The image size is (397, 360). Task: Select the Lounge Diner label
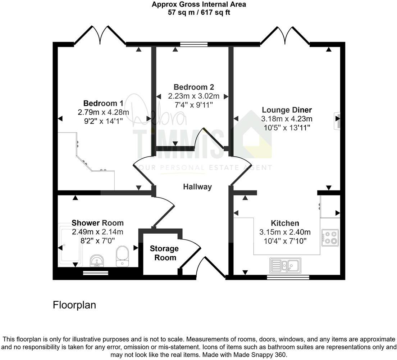tap(287, 110)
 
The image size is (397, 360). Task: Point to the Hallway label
tap(197, 187)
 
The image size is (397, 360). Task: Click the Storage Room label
tap(164, 253)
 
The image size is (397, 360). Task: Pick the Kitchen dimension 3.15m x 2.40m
tap(285, 232)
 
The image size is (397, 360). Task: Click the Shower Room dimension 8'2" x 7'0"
tap(97, 241)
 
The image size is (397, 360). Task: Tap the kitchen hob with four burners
tap(330, 238)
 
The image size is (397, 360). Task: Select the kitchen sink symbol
tap(286, 265)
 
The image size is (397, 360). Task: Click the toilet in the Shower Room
tap(123, 256)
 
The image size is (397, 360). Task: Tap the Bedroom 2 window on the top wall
tap(194, 45)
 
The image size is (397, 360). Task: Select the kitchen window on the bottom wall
tap(288, 277)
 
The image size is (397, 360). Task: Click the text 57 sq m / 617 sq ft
tap(199, 12)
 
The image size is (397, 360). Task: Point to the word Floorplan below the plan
tap(74, 305)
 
